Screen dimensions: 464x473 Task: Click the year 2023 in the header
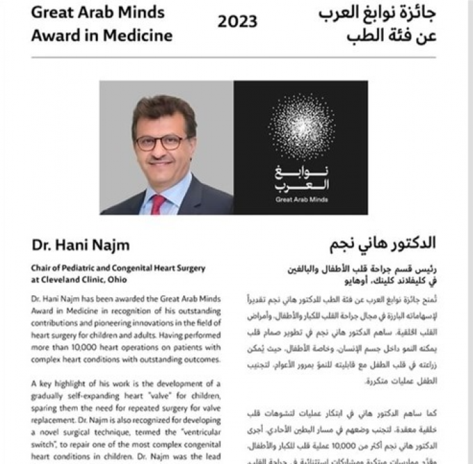(237, 22)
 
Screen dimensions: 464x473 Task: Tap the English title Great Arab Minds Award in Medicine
(101, 24)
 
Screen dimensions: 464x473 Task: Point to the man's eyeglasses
(160, 143)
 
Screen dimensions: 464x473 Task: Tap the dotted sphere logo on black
(301, 126)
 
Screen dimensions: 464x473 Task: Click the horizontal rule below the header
(233, 57)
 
